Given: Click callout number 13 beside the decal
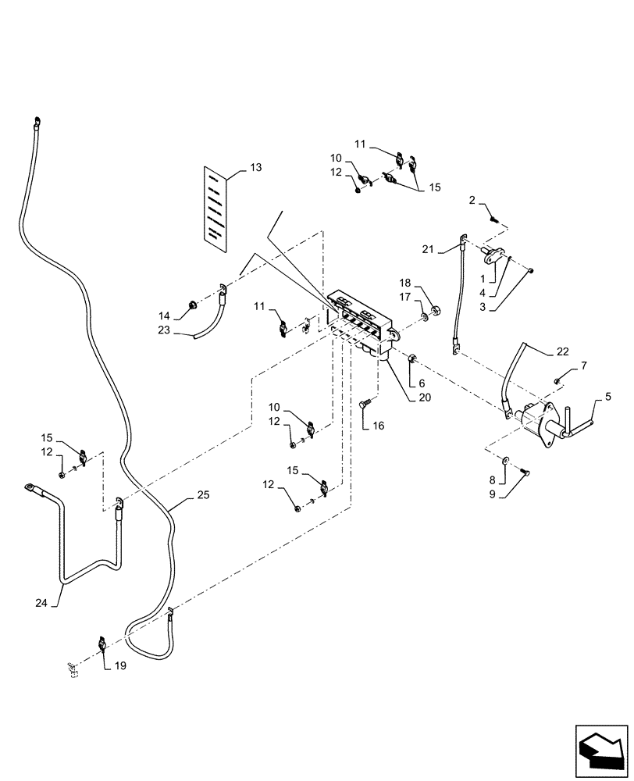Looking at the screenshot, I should pos(257,168).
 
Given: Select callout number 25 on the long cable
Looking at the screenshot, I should pos(203,495).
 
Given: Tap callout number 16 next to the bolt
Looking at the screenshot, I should pos(379,426).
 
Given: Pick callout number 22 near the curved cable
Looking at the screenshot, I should pos(564,351).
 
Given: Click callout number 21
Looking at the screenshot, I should pos(428,248).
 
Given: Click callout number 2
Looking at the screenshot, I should pos(474,201).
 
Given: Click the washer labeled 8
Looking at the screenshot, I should pos(508,462).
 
